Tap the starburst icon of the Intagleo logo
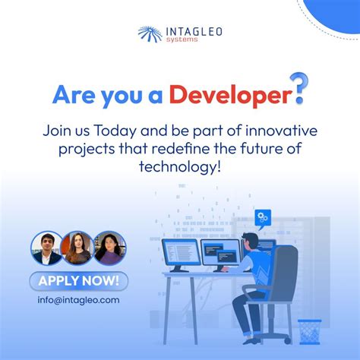[x=148, y=34]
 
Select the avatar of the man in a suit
[x=46, y=248]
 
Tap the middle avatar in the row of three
[x=78, y=248]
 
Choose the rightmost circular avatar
[x=109, y=248]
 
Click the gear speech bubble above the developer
[x=263, y=219]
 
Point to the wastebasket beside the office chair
[x=309, y=332]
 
